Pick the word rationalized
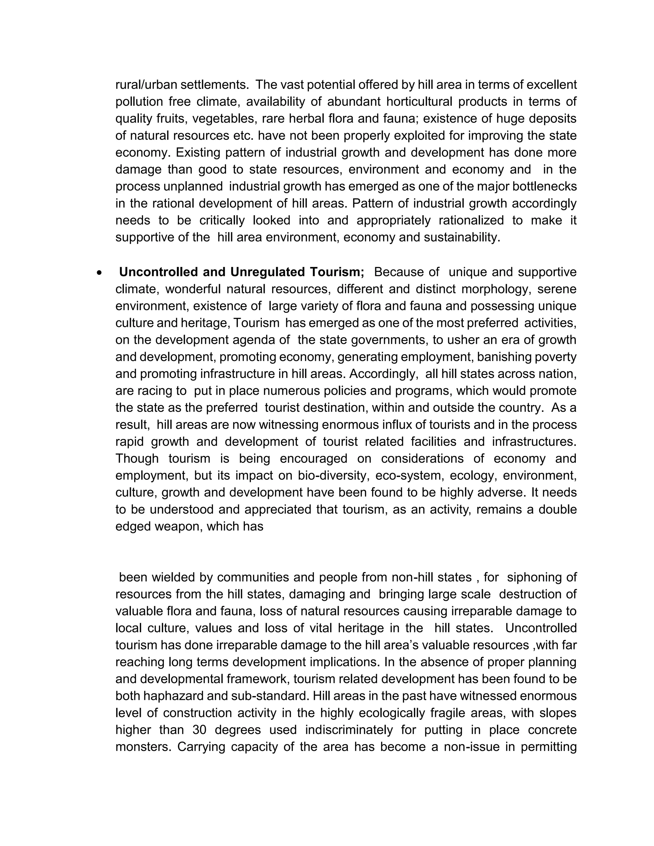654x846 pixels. click(x=471, y=220)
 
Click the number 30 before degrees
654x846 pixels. click(x=199, y=730)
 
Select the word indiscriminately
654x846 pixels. click(x=349, y=730)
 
